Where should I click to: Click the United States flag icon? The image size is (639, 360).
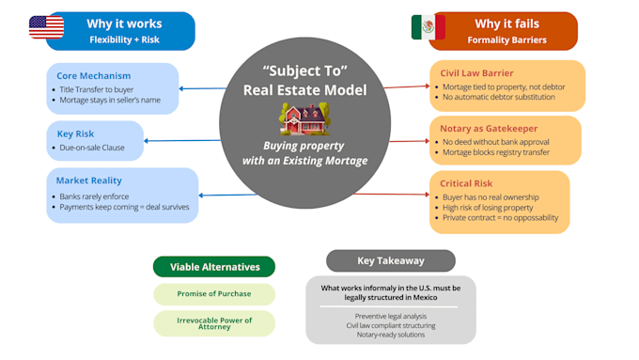click(46, 27)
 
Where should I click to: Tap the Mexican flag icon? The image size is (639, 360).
click(428, 27)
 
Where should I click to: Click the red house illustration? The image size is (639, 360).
click(304, 119)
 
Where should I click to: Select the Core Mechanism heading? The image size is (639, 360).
click(94, 76)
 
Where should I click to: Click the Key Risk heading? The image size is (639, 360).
click(75, 133)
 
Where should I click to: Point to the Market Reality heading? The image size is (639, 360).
click(89, 180)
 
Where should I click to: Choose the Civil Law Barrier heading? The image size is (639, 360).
click(476, 73)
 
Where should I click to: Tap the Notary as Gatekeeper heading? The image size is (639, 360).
click(489, 129)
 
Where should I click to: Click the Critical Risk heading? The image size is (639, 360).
click(466, 183)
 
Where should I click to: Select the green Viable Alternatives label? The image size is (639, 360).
click(214, 267)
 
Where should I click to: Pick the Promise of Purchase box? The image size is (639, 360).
click(214, 294)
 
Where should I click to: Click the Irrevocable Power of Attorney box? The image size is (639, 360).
click(214, 323)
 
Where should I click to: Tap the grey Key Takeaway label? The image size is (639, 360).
click(391, 260)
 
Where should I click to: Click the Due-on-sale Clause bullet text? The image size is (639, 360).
click(92, 148)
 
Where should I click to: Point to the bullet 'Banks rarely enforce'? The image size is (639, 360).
click(94, 196)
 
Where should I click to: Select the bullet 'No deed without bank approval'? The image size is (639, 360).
click(496, 142)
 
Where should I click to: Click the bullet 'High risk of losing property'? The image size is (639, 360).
click(488, 208)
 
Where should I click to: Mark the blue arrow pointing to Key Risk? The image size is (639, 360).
click(182, 141)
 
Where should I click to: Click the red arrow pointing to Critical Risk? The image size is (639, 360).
click(392, 194)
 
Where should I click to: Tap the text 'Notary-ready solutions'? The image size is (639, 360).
click(391, 335)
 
